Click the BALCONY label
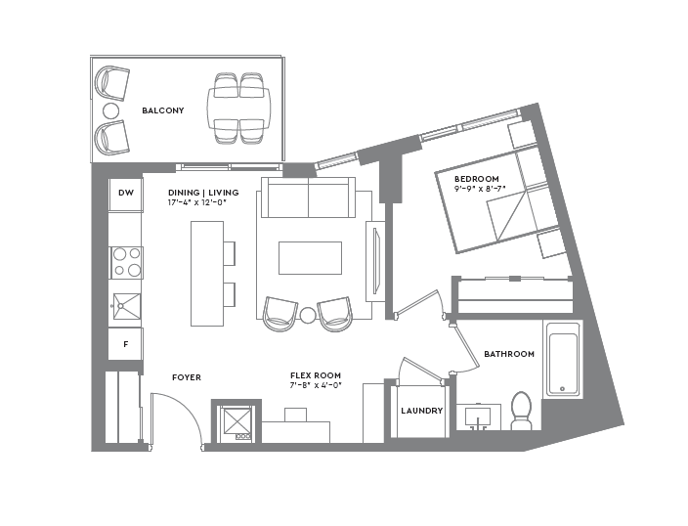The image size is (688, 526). pyautogui.click(x=162, y=110)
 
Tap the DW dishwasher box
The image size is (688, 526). pyautogui.click(x=126, y=193)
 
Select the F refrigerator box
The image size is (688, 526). pyautogui.click(x=126, y=344)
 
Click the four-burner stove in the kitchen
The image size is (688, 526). pyautogui.click(x=126, y=262)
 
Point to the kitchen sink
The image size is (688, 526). pyautogui.click(x=126, y=306)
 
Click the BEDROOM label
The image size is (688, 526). pyautogui.click(x=476, y=179)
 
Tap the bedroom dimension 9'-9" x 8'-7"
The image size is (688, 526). pyautogui.click(x=481, y=190)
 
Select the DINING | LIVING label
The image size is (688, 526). pyautogui.click(x=202, y=193)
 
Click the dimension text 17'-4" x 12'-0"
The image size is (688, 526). pyautogui.click(x=202, y=203)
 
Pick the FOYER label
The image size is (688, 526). pyautogui.click(x=186, y=377)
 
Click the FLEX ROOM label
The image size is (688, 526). pyautogui.click(x=315, y=375)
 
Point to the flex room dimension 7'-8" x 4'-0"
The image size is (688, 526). pyautogui.click(x=315, y=386)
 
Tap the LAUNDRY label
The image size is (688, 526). pyautogui.click(x=421, y=411)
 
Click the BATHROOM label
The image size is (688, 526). pyautogui.click(x=509, y=354)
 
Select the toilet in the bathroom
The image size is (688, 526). pyautogui.click(x=521, y=411)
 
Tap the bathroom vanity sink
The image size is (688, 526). pyautogui.click(x=479, y=418)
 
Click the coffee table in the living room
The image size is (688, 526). pyautogui.click(x=310, y=258)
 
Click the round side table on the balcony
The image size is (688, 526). pyautogui.click(x=110, y=111)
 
